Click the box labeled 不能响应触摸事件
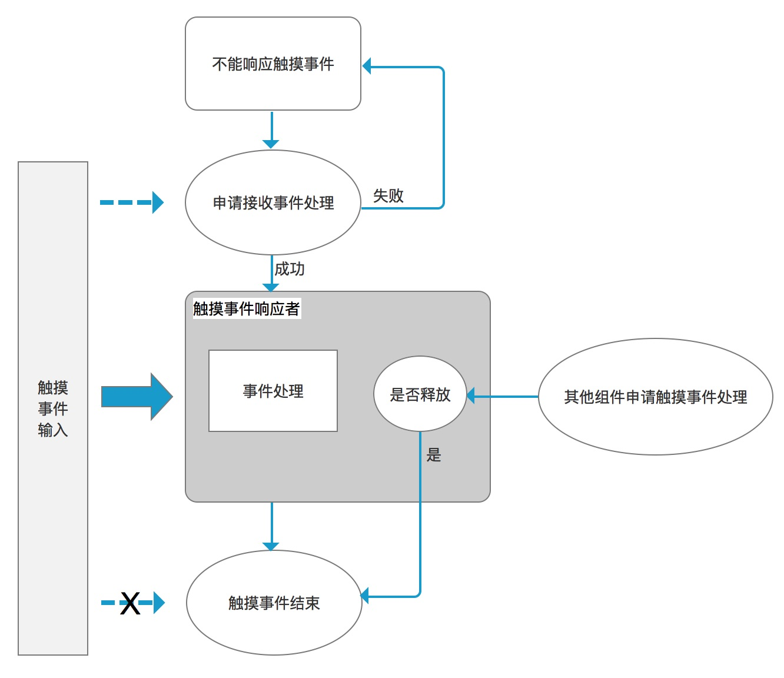273,64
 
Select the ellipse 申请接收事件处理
273,202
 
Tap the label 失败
388,195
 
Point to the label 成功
290,269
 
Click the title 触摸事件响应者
247,308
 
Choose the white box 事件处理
273,391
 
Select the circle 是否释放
420,394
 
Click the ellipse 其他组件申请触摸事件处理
655,397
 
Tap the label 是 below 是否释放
434,455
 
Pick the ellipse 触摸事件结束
274,603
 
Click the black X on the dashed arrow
130,603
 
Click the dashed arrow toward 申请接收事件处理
131,202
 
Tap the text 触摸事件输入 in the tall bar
53,408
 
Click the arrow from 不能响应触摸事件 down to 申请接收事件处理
271,129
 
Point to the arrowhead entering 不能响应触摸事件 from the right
367,66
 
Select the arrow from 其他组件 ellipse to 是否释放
503,396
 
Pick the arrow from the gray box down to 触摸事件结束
271,525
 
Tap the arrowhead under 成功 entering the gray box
271,287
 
